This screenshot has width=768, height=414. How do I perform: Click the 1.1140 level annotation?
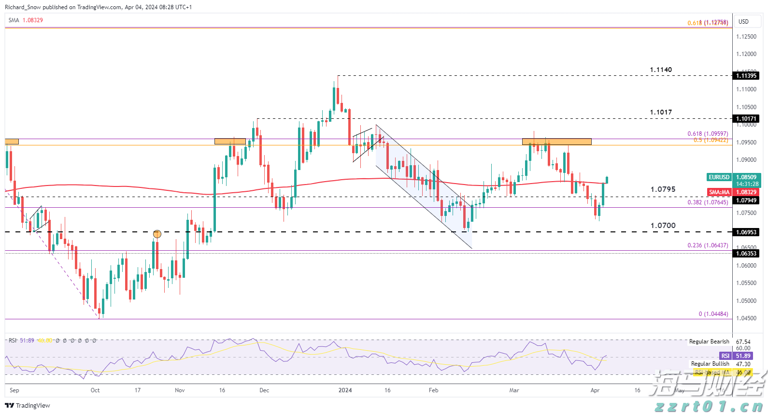661,70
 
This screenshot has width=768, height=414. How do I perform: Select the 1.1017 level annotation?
661,113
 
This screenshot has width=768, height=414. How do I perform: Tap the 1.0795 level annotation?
663,189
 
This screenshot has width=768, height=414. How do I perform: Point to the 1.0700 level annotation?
663,226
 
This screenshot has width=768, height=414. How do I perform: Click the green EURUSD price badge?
719,177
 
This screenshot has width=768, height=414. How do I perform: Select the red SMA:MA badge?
719,192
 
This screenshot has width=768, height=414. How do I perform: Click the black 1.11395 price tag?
746,76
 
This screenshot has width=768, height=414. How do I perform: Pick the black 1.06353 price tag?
746,254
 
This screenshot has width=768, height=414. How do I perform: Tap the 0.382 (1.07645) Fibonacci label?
708,202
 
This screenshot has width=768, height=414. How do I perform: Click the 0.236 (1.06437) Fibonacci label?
708,245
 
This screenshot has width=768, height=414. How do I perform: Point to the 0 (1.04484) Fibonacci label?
713,314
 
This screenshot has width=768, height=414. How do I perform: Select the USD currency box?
744,22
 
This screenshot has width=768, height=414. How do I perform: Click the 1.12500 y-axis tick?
746,37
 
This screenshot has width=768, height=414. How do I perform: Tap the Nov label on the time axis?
180,390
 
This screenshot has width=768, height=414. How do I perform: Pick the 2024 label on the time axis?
345,390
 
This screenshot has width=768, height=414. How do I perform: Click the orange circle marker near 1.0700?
157,234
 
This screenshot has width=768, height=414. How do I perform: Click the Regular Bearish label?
709,342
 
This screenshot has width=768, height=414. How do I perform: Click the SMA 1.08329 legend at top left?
26,20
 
